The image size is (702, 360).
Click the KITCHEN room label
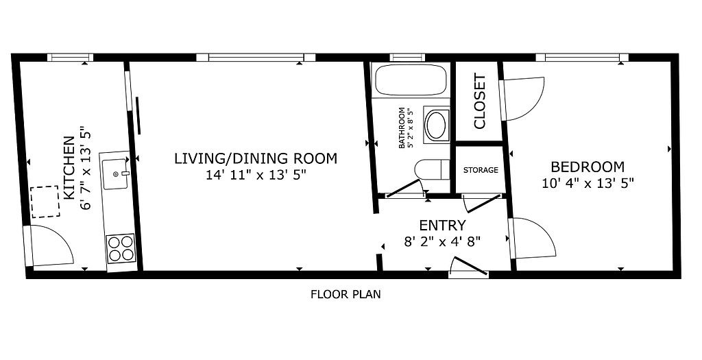(x=69, y=167)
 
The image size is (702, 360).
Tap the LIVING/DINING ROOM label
(x=256, y=158)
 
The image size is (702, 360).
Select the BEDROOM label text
(x=588, y=167)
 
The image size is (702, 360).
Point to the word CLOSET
(x=479, y=102)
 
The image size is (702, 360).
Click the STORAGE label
(x=481, y=170)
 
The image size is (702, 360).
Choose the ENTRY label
(x=442, y=225)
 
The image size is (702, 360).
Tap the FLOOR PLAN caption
(x=346, y=295)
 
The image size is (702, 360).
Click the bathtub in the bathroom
(x=411, y=80)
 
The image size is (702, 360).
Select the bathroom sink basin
(x=437, y=125)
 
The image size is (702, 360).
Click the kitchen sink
(x=115, y=173)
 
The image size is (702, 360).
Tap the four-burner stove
(x=121, y=248)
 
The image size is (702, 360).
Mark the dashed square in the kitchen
(x=45, y=202)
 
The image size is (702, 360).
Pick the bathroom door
(x=404, y=189)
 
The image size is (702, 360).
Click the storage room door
(x=483, y=204)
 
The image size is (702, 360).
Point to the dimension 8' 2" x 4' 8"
(x=442, y=242)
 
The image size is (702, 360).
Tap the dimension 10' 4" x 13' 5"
(x=588, y=183)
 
